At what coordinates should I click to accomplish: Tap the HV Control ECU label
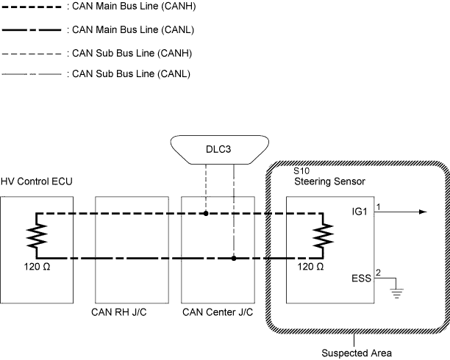pyautogui.click(x=37, y=181)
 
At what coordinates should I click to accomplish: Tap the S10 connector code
pyautogui.click(x=301, y=170)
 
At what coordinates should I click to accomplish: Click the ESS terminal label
pyautogui.click(x=362, y=278)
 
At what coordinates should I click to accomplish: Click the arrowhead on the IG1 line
pyautogui.click(x=422, y=212)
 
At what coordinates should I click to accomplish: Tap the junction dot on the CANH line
pyautogui.click(x=207, y=214)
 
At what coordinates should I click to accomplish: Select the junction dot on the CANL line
pyautogui.click(x=234, y=259)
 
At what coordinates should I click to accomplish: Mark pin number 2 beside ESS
pyautogui.click(x=379, y=273)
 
